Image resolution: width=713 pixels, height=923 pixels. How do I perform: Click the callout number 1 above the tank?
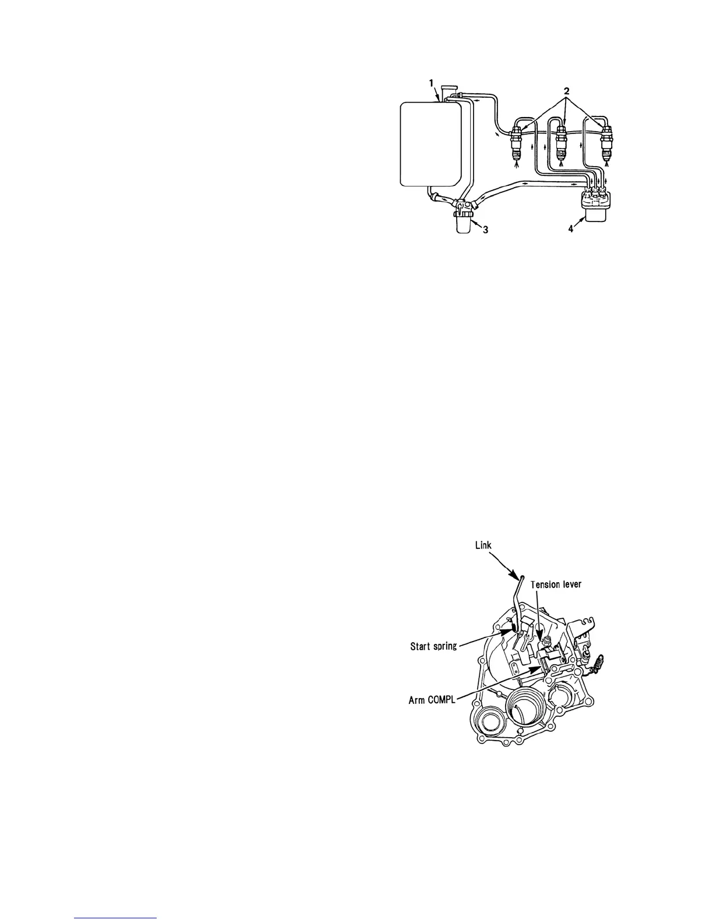coord(432,84)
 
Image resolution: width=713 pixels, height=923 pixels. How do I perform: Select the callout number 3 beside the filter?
coord(485,230)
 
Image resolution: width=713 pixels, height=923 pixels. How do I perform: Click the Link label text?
coord(483,545)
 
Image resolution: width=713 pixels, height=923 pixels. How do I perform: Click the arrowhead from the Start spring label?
coord(514,629)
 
